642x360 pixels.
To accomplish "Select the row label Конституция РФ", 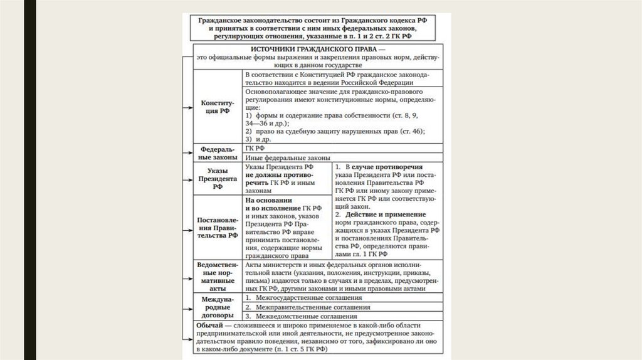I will coord(217,106).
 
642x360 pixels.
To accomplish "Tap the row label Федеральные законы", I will coord(217,154).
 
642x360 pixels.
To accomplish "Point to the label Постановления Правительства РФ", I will coord(217,228).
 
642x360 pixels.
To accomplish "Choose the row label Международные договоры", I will coord(217,308).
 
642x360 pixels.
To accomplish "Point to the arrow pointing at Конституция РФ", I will coord(187,107).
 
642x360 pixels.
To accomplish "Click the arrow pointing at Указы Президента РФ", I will coord(187,179).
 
